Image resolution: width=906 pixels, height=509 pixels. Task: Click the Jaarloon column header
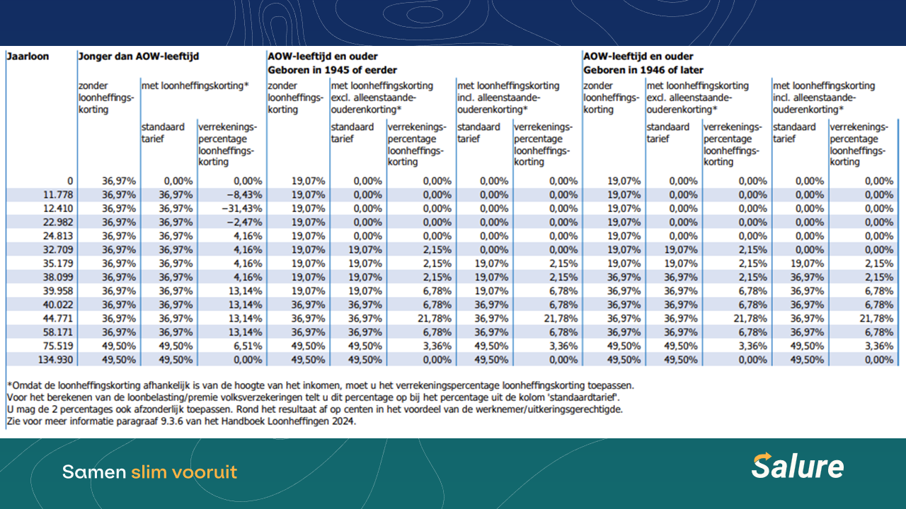tap(28, 57)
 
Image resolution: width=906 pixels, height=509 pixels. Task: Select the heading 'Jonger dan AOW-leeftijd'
tap(138, 57)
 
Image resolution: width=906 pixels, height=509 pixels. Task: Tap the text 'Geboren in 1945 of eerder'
tap(332, 70)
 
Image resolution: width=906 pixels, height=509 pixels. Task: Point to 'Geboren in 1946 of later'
tap(643, 70)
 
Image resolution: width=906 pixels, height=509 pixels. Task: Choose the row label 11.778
tap(57, 195)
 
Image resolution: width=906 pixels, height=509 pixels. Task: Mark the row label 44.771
tap(57, 319)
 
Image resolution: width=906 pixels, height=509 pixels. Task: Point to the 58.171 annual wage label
tap(57, 332)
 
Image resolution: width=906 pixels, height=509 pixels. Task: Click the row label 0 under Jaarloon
tap(69, 181)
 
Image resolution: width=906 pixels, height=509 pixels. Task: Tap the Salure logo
tap(798, 467)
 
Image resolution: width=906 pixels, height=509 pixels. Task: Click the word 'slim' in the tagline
tap(147, 472)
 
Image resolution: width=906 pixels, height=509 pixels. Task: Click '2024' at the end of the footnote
tap(343, 421)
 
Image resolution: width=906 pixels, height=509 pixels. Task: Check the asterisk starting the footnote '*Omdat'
tap(9, 385)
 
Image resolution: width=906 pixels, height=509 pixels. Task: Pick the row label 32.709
tap(57, 250)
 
